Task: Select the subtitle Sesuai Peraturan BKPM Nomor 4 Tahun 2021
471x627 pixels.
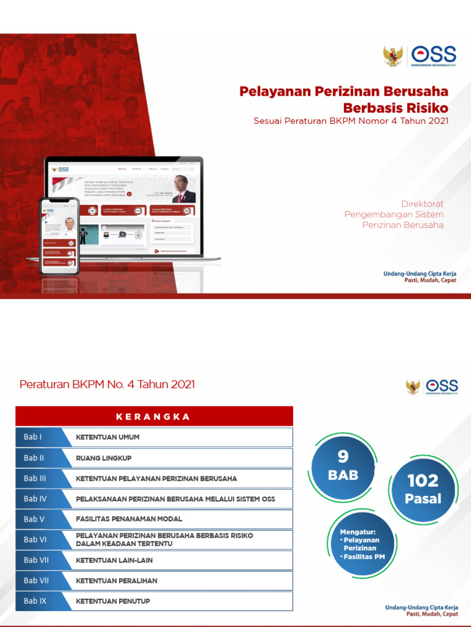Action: point(351,121)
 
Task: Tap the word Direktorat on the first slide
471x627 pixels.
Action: point(422,203)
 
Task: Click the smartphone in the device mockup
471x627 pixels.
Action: point(59,236)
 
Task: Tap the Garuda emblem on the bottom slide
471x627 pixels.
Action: point(413,386)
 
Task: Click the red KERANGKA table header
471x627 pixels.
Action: point(153,417)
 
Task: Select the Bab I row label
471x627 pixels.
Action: point(33,437)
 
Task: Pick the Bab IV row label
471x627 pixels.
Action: point(35,498)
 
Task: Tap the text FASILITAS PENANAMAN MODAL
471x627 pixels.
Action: point(129,519)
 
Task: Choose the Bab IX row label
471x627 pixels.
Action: point(35,601)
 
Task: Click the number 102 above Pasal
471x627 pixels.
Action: point(423,481)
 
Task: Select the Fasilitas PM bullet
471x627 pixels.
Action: point(363,557)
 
